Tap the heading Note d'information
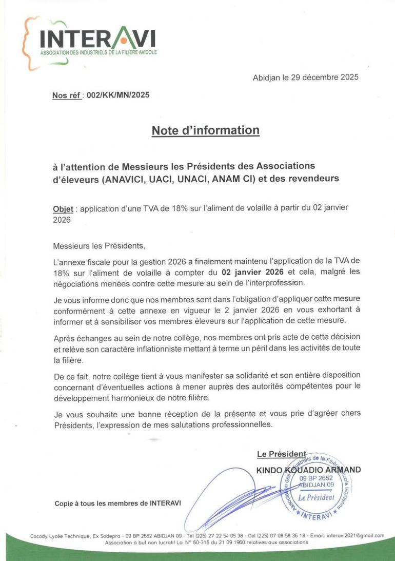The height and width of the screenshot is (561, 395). (205, 130)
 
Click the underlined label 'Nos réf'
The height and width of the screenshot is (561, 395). (66, 95)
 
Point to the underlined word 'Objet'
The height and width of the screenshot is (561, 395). (63, 210)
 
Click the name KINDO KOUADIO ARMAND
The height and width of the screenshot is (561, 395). (308, 469)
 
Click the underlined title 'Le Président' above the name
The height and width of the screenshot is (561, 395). (282, 454)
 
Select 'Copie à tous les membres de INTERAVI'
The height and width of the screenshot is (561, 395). (117, 504)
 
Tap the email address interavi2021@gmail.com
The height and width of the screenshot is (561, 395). (355, 535)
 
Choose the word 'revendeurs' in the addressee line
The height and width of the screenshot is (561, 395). (311, 179)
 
